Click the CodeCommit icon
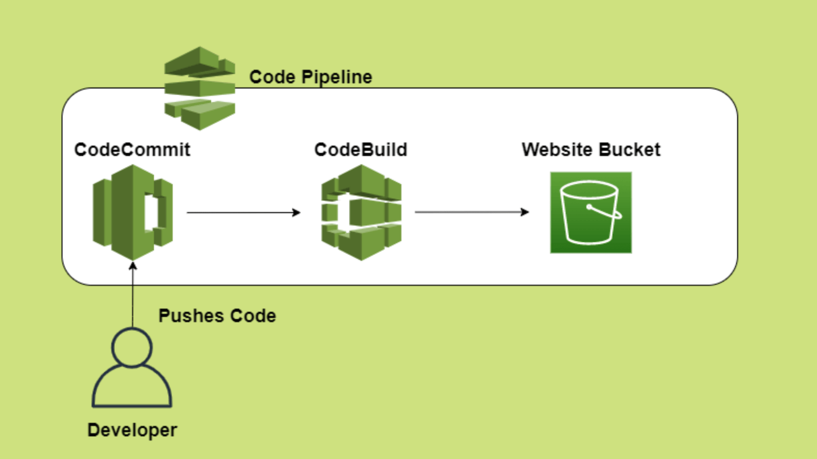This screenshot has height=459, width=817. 132,212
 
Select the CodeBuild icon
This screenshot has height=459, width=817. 362,212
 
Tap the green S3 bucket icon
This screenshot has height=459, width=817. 590,212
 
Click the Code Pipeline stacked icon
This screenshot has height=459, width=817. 199,88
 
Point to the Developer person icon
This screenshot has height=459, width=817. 132,369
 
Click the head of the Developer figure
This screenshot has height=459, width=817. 132,347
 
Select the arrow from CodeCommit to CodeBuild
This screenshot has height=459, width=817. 244,212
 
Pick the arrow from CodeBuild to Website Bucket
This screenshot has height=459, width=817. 471,212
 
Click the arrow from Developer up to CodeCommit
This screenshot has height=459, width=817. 133,295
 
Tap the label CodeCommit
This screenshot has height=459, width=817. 132,150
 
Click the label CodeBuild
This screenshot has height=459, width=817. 361,150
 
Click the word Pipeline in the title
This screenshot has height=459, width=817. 337,78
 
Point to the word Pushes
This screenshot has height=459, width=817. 191,316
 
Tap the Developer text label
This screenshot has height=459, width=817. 132,430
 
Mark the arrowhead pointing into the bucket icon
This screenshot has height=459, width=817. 525,212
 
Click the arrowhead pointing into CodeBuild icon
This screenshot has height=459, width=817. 297,212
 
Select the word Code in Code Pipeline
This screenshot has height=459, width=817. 272,77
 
